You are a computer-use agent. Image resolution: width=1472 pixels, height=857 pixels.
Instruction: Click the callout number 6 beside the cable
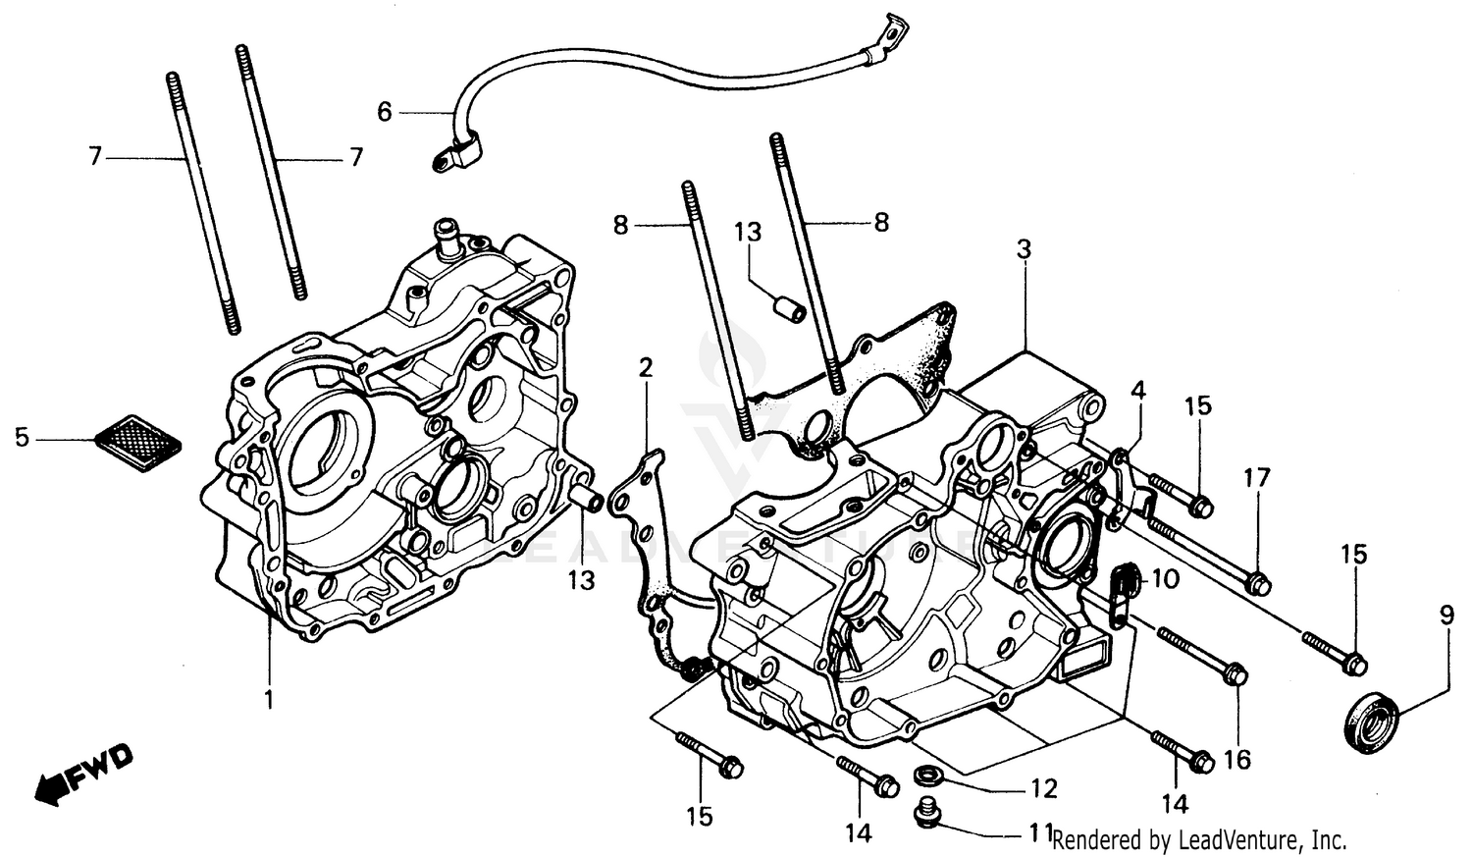point(385,113)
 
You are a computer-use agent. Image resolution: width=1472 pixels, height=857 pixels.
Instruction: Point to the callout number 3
point(1023,250)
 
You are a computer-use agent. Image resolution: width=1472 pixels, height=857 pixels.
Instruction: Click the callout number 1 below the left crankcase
point(268,700)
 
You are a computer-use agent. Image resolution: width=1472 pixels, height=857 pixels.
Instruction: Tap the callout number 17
point(1257,478)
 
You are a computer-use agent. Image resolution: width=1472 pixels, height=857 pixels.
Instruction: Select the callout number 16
point(1237,759)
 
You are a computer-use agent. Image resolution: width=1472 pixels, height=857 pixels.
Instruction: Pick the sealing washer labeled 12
point(924,777)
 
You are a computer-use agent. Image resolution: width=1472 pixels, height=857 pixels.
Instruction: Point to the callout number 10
point(1165,579)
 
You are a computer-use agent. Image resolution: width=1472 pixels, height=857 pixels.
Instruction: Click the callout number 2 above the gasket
point(645,368)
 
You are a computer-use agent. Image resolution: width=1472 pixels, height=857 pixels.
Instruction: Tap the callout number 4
point(1137,391)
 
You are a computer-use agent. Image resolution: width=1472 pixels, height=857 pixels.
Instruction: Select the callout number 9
point(1446,616)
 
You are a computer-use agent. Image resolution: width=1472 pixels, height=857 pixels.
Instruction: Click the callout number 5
point(22,437)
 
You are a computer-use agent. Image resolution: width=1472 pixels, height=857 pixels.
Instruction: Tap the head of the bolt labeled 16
point(1236,677)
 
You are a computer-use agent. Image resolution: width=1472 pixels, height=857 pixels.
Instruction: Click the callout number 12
point(1042,788)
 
